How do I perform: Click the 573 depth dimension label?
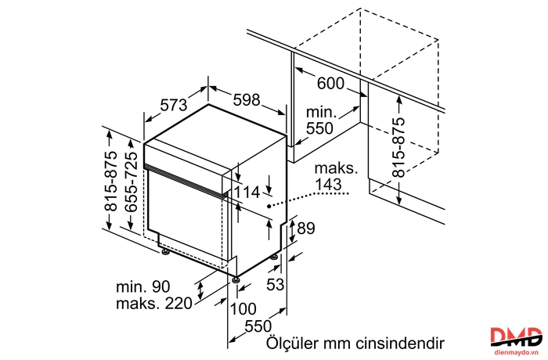point(174,105)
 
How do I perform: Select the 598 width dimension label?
point(247,99)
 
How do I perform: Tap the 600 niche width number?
point(330,84)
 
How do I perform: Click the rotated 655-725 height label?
point(132,182)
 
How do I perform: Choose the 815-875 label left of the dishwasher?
point(111,181)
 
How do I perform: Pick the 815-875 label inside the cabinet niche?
point(398,147)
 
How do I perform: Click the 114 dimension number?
point(247,193)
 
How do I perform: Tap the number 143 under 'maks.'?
point(328,184)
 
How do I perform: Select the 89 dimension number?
point(306,229)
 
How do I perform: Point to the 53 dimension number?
point(276,284)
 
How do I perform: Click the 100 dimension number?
point(243,308)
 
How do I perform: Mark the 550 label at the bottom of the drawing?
point(258,326)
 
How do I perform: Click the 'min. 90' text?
point(143,287)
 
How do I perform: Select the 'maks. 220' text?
point(154,304)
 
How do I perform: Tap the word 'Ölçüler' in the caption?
point(293,343)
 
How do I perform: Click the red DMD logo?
point(516,337)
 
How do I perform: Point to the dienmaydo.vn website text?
point(516,352)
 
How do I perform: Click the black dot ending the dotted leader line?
point(269,206)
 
